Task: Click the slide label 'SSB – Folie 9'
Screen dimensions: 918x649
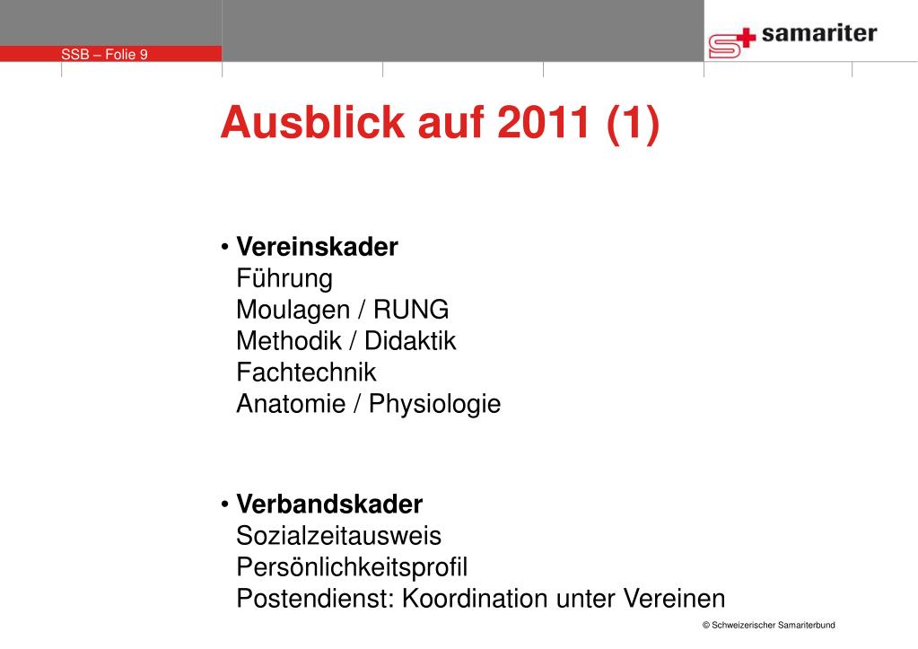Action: (x=104, y=55)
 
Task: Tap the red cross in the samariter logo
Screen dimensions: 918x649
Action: (x=746, y=38)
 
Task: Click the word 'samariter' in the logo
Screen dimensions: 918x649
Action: (x=819, y=33)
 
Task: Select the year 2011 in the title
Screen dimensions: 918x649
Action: (x=543, y=122)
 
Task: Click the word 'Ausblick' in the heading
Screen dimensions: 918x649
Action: (x=312, y=122)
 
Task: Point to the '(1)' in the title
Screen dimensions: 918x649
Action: (x=633, y=124)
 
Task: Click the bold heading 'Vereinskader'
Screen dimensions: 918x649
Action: (x=317, y=247)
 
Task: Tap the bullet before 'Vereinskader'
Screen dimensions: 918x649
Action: (x=225, y=247)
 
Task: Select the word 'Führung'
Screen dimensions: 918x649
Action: (x=284, y=279)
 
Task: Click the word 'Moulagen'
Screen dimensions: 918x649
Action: (x=293, y=310)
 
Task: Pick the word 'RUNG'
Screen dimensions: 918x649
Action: (x=411, y=310)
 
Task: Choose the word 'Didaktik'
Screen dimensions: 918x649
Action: (x=410, y=341)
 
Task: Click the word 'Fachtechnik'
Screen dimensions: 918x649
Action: (x=306, y=372)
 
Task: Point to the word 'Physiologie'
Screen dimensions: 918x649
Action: (x=434, y=404)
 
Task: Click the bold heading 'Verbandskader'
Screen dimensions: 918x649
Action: (x=329, y=504)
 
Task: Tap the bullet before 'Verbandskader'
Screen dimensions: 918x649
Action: (x=225, y=504)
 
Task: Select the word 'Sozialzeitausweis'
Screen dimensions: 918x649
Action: (x=338, y=535)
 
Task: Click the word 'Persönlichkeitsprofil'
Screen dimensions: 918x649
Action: (x=352, y=567)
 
